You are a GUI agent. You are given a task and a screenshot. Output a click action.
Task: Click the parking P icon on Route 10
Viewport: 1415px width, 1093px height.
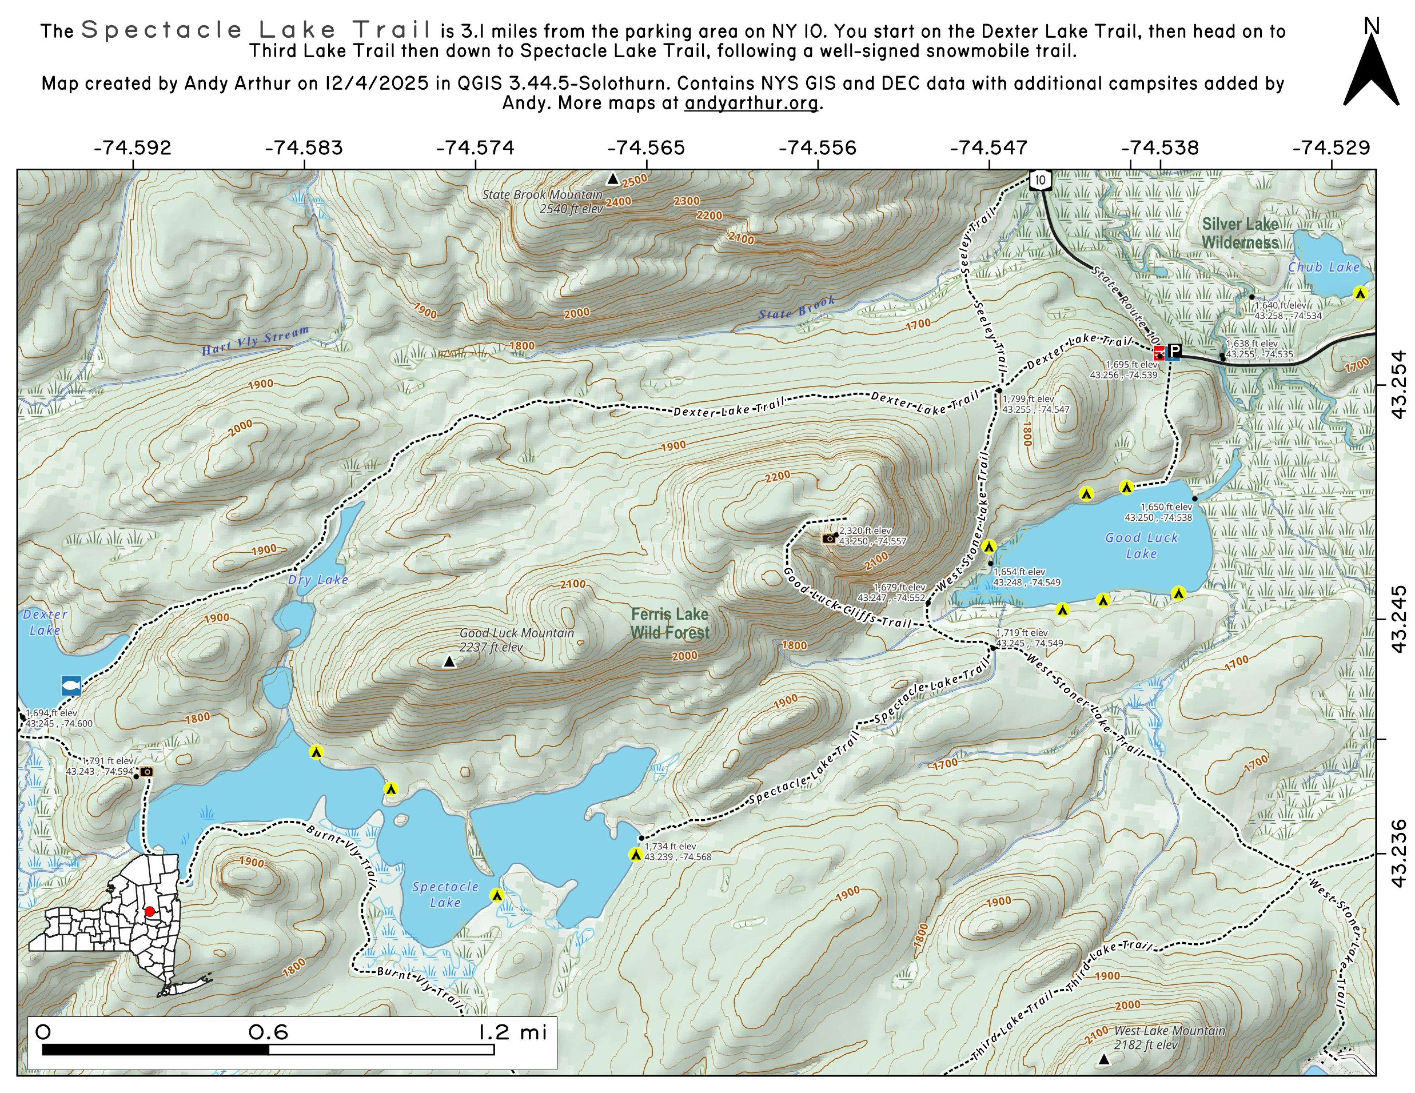click(1175, 352)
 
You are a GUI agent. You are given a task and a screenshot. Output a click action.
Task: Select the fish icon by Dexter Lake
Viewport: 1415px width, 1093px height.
click(71, 685)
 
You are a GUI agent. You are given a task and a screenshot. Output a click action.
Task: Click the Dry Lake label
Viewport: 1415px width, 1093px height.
click(318, 580)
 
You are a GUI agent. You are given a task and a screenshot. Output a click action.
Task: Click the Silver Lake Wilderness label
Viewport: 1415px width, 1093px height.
click(1240, 233)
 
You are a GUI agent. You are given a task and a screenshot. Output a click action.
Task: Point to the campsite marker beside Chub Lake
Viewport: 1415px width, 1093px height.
click(1360, 293)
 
